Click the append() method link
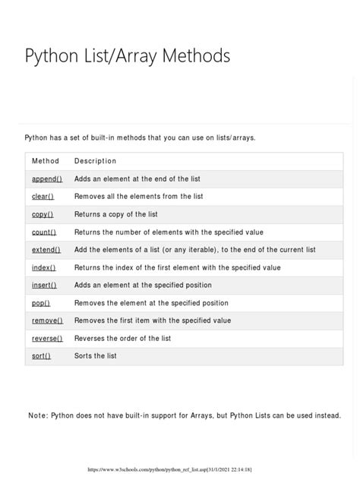(46, 178)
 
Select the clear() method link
(43, 196)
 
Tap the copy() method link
(43, 214)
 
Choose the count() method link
(44, 232)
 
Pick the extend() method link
(46, 250)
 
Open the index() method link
(43, 267)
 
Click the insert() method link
(44, 285)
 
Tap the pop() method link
(40, 302)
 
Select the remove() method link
(47, 321)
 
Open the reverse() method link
(47, 338)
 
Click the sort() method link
(41, 355)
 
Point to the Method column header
(45, 161)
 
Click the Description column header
(95, 161)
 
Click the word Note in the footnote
(36, 415)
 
